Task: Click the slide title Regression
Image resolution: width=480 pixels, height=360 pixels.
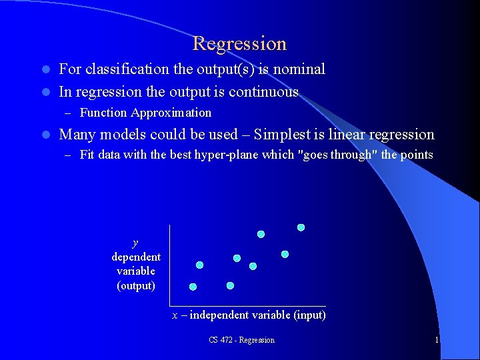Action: tap(239, 44)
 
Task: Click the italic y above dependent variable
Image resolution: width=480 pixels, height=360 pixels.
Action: tap(135, 243)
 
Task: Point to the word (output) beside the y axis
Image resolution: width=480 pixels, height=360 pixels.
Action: tap(136, 285)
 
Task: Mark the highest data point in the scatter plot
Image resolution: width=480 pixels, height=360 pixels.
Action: tap(301, 227)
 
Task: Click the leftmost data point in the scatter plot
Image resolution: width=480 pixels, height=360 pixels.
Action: tap(193, 287)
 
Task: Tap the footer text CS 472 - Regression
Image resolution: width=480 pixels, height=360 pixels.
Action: tap(241, 340)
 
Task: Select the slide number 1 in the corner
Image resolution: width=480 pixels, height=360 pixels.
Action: tap(437, 340)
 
